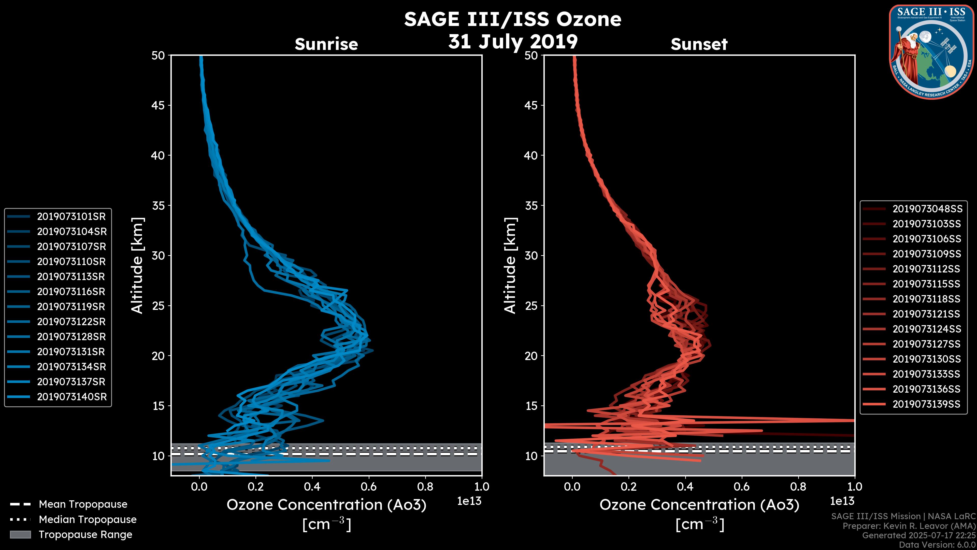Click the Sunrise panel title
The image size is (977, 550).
tap(326, 44)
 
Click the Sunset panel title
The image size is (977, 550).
tap(699, 44)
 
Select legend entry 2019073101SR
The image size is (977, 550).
tap(71, 216)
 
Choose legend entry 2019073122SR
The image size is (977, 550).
tap(71, 322)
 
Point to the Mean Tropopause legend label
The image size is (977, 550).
tap(83, 504)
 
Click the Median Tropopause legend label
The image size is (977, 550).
tap(88, 519)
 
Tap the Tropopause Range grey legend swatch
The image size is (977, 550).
tap(20, 534)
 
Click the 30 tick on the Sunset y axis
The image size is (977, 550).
tap(531, 255)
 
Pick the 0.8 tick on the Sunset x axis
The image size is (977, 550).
tap(798, 487)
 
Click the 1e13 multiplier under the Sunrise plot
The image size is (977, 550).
tap(469, 501)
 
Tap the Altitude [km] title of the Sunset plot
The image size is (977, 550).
tap(510, 266)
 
